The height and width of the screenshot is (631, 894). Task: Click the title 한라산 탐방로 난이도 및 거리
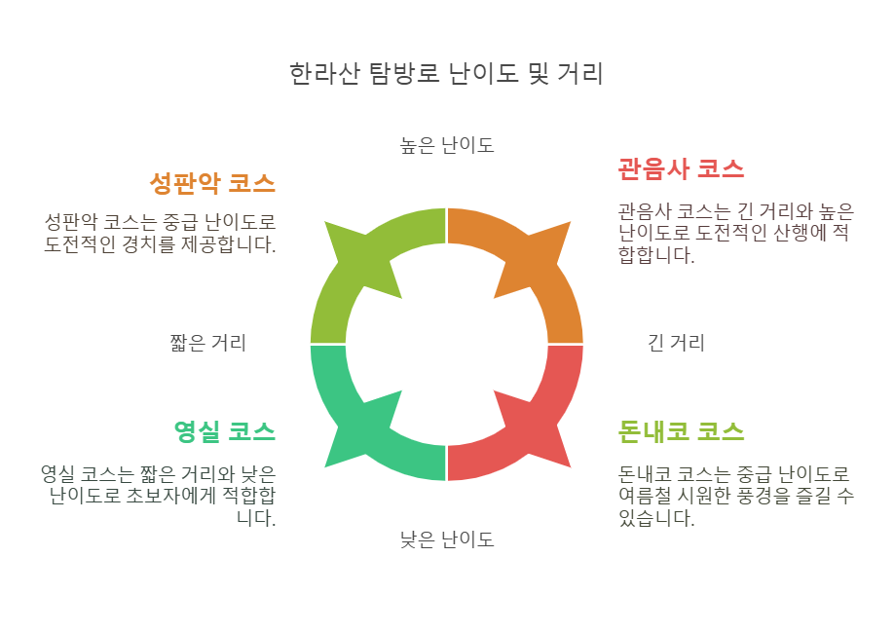tap(447, 74)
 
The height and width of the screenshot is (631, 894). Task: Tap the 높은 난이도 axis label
tap(447, 146)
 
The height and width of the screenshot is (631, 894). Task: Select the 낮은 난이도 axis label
tap(447, 539)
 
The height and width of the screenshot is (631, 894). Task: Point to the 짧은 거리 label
tap(207, 343)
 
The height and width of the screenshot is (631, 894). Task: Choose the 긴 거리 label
tap(676, 343)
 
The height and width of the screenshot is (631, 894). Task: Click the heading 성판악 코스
tap(212, 183)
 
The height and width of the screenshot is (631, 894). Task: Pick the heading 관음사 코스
tap(681, 168)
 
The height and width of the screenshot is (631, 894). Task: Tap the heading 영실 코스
tap(224, 430)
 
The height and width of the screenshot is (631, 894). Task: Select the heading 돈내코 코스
tap(681, 430)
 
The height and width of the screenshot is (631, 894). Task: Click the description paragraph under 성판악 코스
tap(160, 233)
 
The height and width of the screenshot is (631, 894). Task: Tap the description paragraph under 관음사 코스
tap(735, 234)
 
